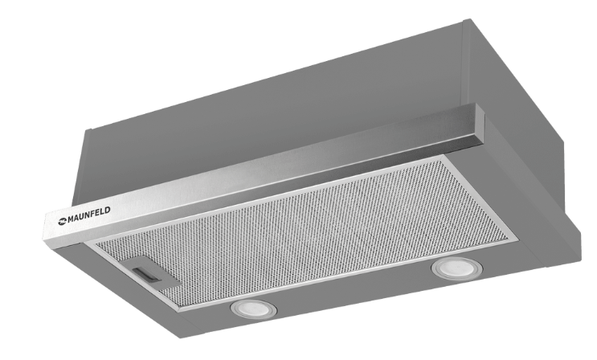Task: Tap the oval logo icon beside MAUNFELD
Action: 63,221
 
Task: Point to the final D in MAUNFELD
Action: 108,211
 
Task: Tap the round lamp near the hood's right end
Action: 456,268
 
